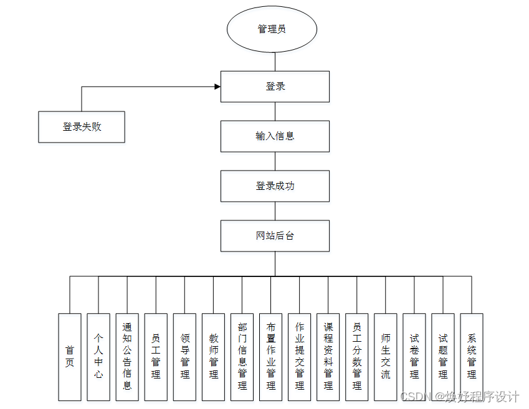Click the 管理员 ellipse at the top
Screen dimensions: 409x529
tap(272, 29)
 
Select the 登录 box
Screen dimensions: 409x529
tap(275, 87)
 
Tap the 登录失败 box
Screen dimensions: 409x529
tap(82, 127)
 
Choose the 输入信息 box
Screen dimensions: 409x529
tap(275, 136)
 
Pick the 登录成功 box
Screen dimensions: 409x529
tap(275, 186)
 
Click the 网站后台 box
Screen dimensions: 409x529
tap(275, 236)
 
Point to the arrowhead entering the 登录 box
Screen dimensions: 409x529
tap(217, 87)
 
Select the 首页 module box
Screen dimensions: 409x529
tap(70, 357)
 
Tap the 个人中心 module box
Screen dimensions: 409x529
tap(98, 357)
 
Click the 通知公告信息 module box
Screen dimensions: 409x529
tap(127, 357)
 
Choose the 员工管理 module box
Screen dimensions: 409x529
tap(156, 357)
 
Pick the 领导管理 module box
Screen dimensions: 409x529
tap(184, 357)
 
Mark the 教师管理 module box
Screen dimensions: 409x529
tap(213, 357)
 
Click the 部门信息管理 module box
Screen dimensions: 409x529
tap(242, 357)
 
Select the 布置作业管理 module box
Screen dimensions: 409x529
tap(270, 357)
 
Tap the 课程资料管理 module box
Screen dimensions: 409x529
tap(328, 357)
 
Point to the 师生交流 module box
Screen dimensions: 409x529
tap(385, 357)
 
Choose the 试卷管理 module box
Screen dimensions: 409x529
tap(414, 357)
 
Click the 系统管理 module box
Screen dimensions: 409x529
tap(471, 357)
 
